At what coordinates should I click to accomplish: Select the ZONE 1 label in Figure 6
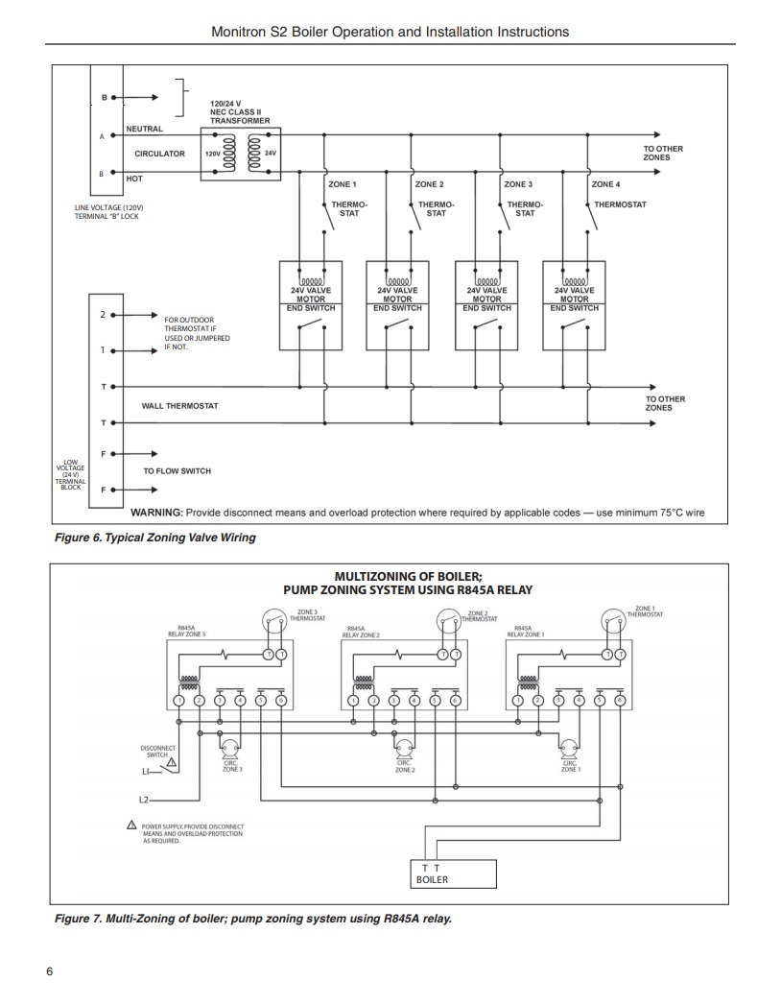(343, 184)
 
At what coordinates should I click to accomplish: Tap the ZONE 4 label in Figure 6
(605, 184)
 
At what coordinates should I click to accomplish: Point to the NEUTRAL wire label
(145, 129)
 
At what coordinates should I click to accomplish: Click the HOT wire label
(134, 178)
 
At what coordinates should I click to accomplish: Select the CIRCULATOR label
(159, 154)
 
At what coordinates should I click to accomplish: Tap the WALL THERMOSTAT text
(179, 406)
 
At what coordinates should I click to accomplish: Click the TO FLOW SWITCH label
(177, 471)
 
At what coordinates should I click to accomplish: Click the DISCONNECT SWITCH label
(155, 752)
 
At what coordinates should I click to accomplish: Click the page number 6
(49, 970)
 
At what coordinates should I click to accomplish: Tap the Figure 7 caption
(252, 919)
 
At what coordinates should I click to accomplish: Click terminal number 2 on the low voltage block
(103, 315)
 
